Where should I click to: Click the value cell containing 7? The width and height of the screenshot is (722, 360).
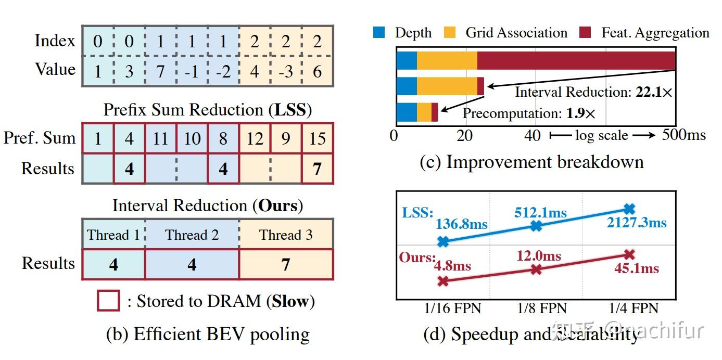pos(160,71)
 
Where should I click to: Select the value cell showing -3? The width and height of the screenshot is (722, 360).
pos(286,71)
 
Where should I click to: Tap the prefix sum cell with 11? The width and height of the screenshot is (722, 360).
pos(160,138)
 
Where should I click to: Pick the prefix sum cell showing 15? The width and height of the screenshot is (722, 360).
pos(317,138)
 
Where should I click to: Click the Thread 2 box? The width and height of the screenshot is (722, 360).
pos(192,235)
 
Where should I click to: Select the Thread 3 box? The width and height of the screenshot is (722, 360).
pos(286,235)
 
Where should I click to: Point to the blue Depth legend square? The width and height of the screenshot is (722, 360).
pos(379,33)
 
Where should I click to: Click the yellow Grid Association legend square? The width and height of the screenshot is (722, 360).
pos(450,33)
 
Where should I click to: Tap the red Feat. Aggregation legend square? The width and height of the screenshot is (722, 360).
pos(585,33)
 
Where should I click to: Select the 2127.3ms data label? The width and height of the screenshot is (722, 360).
pos(636,223)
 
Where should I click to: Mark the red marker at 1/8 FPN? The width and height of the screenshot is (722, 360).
pos(536,269)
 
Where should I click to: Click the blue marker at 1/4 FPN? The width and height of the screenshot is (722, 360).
pos(629,209)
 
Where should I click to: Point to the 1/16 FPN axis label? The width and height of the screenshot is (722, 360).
pos(452,308)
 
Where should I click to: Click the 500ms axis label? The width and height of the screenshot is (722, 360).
pos(684,135)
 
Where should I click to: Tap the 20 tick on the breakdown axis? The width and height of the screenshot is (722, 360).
pos(464,136)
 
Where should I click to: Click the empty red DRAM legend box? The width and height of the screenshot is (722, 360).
pos(108,301)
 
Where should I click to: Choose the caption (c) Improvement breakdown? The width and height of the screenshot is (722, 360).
pos(531,162)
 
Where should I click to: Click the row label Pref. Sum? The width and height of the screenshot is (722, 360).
pos(40,138)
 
